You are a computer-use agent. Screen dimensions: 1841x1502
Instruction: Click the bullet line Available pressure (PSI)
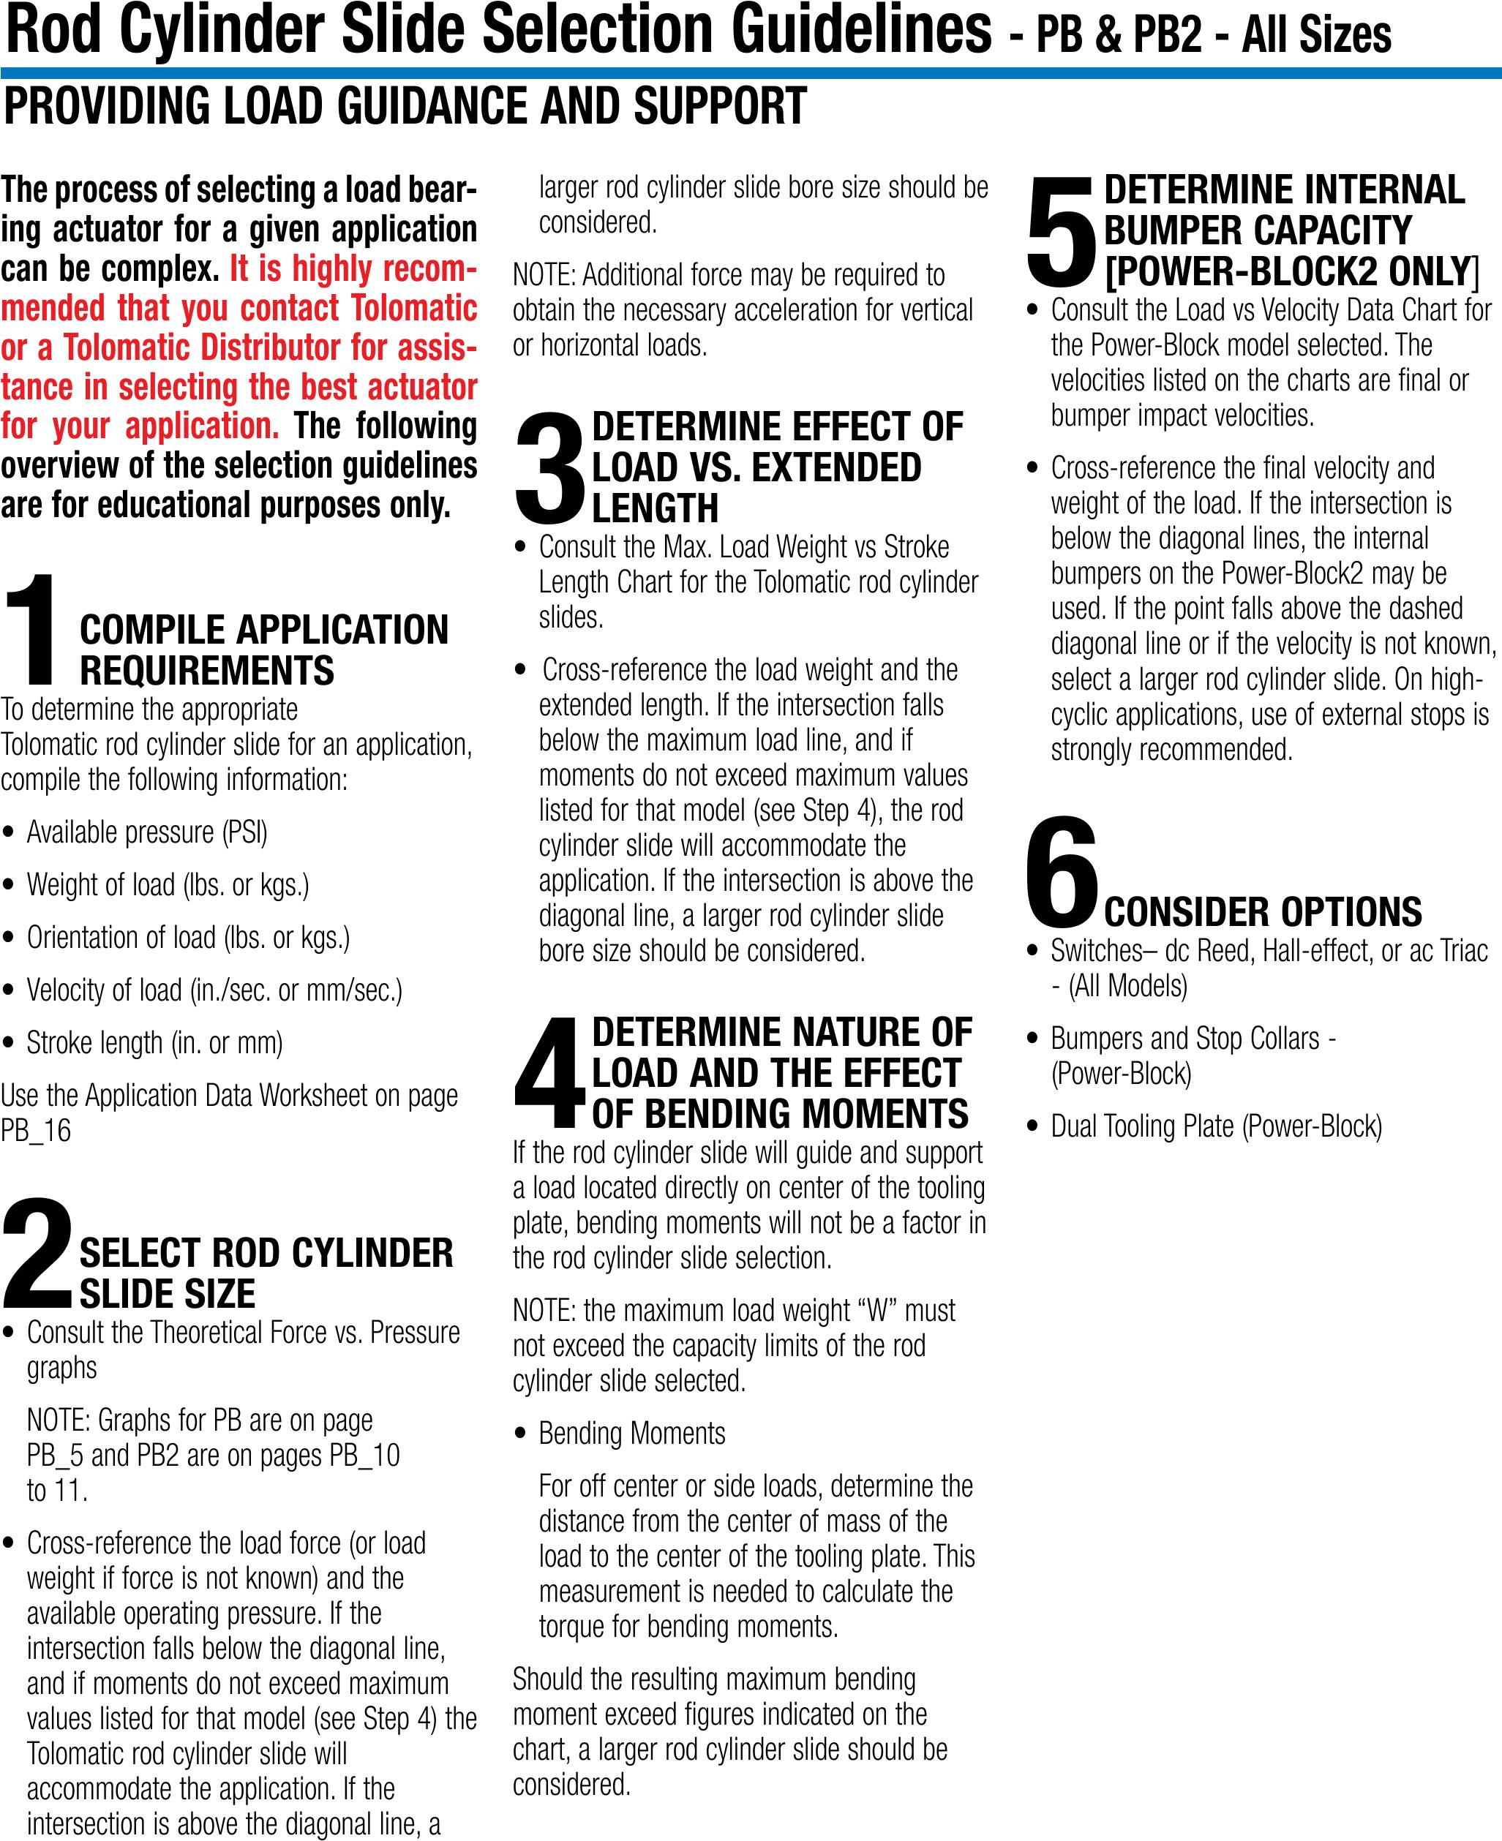tap(147, 832)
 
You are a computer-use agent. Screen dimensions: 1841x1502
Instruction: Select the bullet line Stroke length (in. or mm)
tap(155, 1042)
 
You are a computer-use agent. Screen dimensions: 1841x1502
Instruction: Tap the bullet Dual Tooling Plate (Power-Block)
tap(1216, 1126)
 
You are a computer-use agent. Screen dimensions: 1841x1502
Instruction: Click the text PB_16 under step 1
tap(37, 1131)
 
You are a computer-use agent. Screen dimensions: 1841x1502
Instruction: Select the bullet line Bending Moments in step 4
tap(631, 1434)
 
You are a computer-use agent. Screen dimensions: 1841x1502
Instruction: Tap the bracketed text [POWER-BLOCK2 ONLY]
tap(1292, 271)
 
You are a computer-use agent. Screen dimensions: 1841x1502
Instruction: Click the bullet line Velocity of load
tap(214, 990)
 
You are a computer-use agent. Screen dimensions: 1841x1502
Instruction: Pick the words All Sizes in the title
tap(1316, 34)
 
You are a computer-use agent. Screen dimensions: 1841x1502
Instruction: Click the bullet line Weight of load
tap(168, 885)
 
